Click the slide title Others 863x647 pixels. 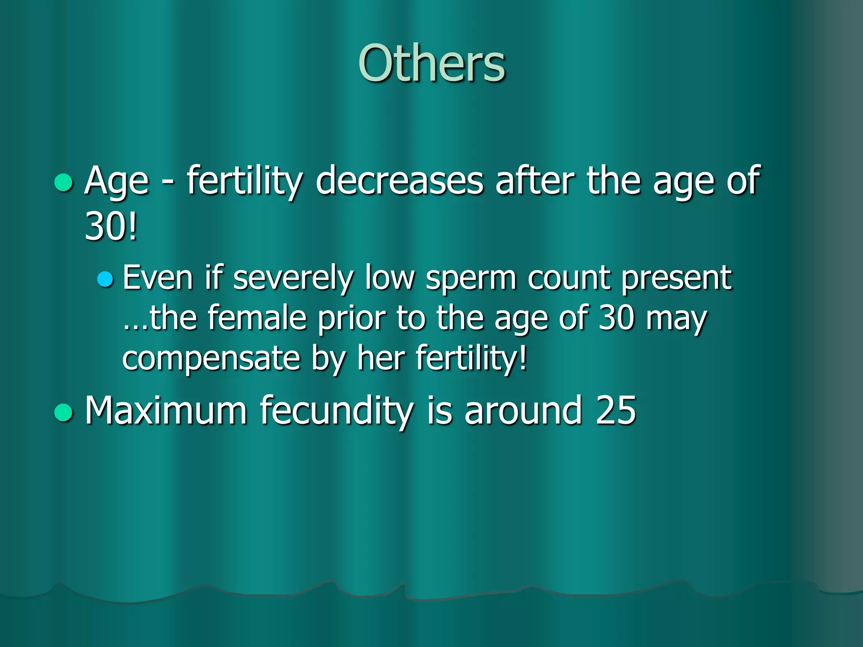pyautogui.click(x=431, y=64)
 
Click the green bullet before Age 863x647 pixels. pyautogui.click(x=64, y=182)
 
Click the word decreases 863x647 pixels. pyautogui.click(x=399, y=181)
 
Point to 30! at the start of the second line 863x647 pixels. pyautogui.click(x=111, y=227)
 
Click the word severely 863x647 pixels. pyautogui.click(x=293, y=278)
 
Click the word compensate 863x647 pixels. pyautogui.click(x=211, y=358)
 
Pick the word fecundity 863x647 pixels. pyautogui.click(x=337, y=411)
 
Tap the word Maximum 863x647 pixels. pyautogui.click(x=166, y=410)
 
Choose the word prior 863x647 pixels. pyautogui.click(x=351, y=319)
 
